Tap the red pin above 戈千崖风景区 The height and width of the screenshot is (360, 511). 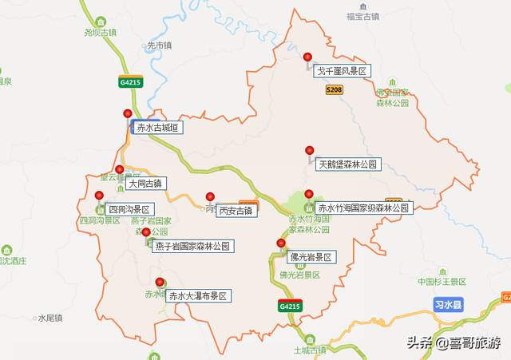[308, 57]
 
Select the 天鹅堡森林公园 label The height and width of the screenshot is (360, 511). [347, 165]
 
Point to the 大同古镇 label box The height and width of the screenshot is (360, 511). [144, 184]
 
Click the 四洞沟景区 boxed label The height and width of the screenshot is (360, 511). [129, 209]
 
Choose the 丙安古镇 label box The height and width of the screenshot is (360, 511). [236, 211]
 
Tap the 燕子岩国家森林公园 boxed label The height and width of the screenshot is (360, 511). [193, 247]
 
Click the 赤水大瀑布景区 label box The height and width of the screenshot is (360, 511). [197, 296]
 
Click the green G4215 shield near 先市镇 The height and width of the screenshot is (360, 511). [129, 81]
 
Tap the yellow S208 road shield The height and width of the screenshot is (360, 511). [335, 91]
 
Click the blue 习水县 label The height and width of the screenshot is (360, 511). [449, 304]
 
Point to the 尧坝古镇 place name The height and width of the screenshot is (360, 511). [100, 33]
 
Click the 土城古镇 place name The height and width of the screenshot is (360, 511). [310, 350]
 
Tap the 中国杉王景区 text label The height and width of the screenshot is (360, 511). [442, 282]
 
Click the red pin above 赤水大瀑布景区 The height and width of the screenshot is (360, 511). [160, 282]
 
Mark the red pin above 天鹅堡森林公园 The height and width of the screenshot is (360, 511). [309, 150]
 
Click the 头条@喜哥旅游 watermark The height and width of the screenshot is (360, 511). [454, 343]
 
